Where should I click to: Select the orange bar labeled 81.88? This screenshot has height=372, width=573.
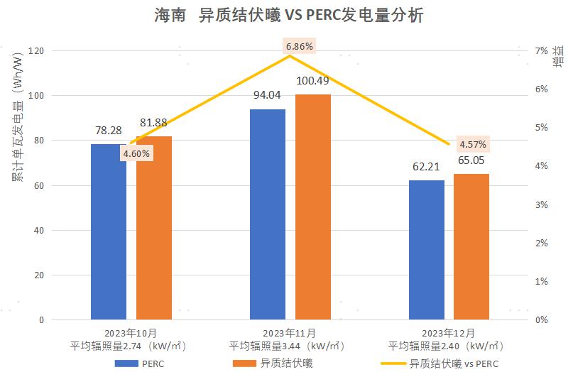pyautogui.click(x=154, y=228)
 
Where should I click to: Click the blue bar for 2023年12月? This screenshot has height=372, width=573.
pyautogui.click(x=427, y=250)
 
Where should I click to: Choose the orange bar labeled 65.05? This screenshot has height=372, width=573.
pyautogui.click(x=471, y=247)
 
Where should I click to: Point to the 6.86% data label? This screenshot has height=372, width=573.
pyautogui.click(x=300, y=46)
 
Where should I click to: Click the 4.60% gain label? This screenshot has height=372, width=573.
pyautogui.click(x=136, y=153)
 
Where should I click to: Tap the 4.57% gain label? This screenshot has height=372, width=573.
pyautogui.click(x=473, y=145)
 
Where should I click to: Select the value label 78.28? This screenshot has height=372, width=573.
pyautogui.click(x=109, y=131)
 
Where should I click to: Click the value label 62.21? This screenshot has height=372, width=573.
pyautogui.click(x=427, y=168)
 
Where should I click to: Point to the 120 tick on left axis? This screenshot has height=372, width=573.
pyautogui.click(x=37, y=51)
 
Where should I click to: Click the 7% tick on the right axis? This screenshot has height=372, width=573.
pyautogui.click(x=542, y=51)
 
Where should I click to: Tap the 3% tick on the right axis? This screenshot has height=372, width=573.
pyautogui.click(x=542, y=204)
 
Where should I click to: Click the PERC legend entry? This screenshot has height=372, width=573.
pyautogui.click(x=143, y=363)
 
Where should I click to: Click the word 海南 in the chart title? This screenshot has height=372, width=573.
pyautogui.click(x=168, y=15)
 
